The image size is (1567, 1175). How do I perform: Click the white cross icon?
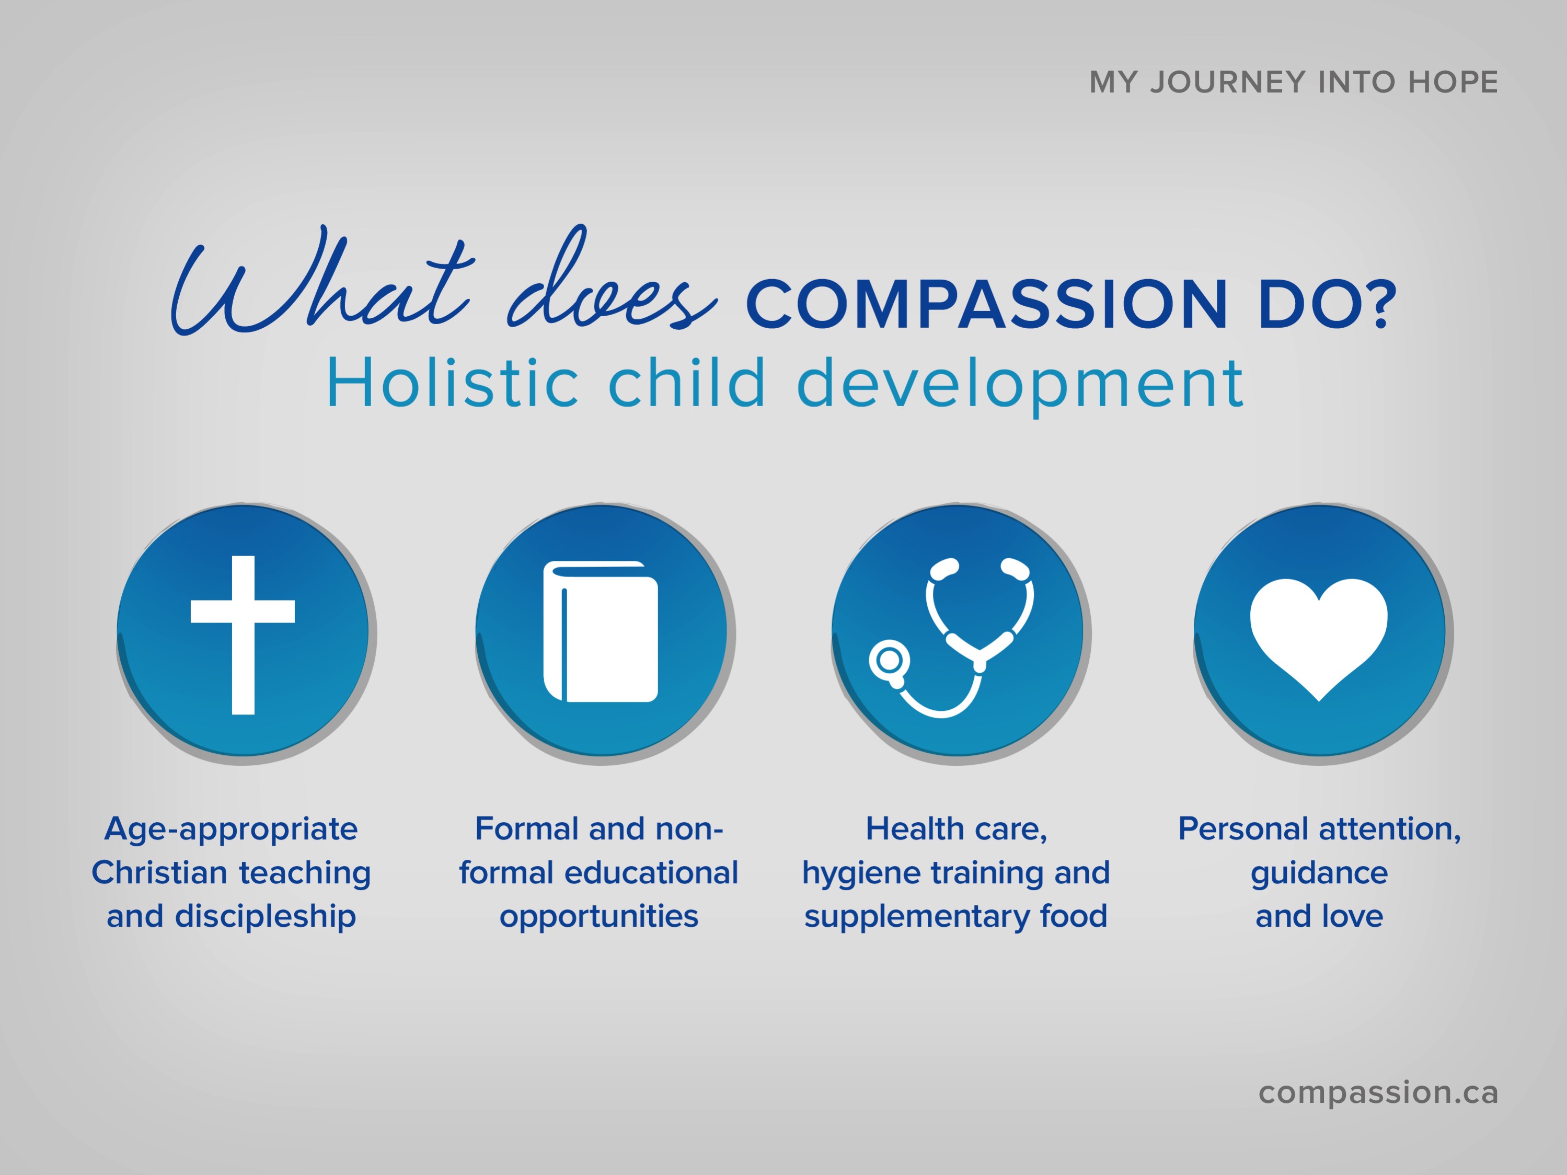tap(243, 635)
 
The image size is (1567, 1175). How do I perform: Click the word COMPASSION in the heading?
tap(986, 305)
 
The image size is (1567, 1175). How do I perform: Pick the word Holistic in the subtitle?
tap(453, 383)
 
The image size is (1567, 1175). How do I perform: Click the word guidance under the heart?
tap(1319, 874)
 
